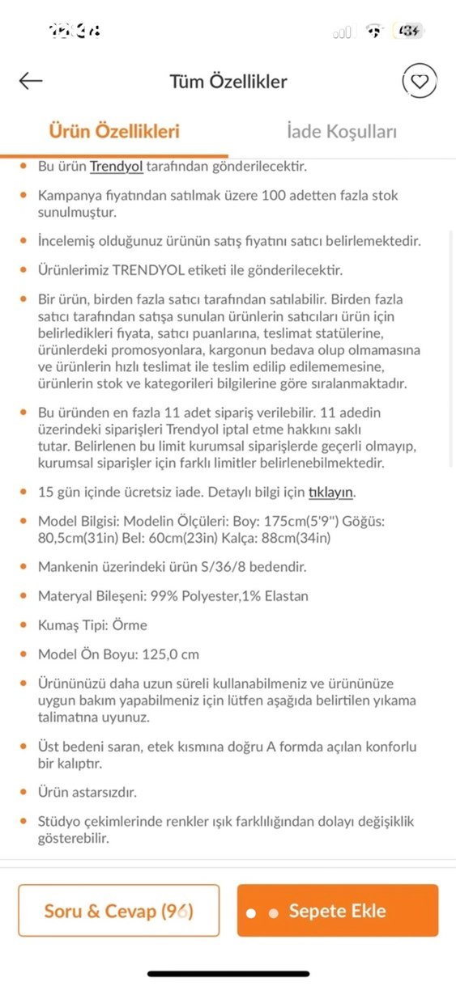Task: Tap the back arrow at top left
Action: [x=31, y=81]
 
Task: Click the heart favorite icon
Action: [x=419, y=81]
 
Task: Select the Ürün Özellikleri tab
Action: [x=114, y=132]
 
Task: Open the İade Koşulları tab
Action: [x=342, y=132]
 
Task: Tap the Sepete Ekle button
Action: [x=337, y=911]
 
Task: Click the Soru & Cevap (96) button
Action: [x=119, y=911]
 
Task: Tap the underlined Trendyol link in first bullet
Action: [x=116, y=167]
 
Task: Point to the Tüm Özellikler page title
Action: [x=228, y=81]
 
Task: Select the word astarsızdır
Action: [x=104, y=793]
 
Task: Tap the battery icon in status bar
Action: [x=407, y=32]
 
